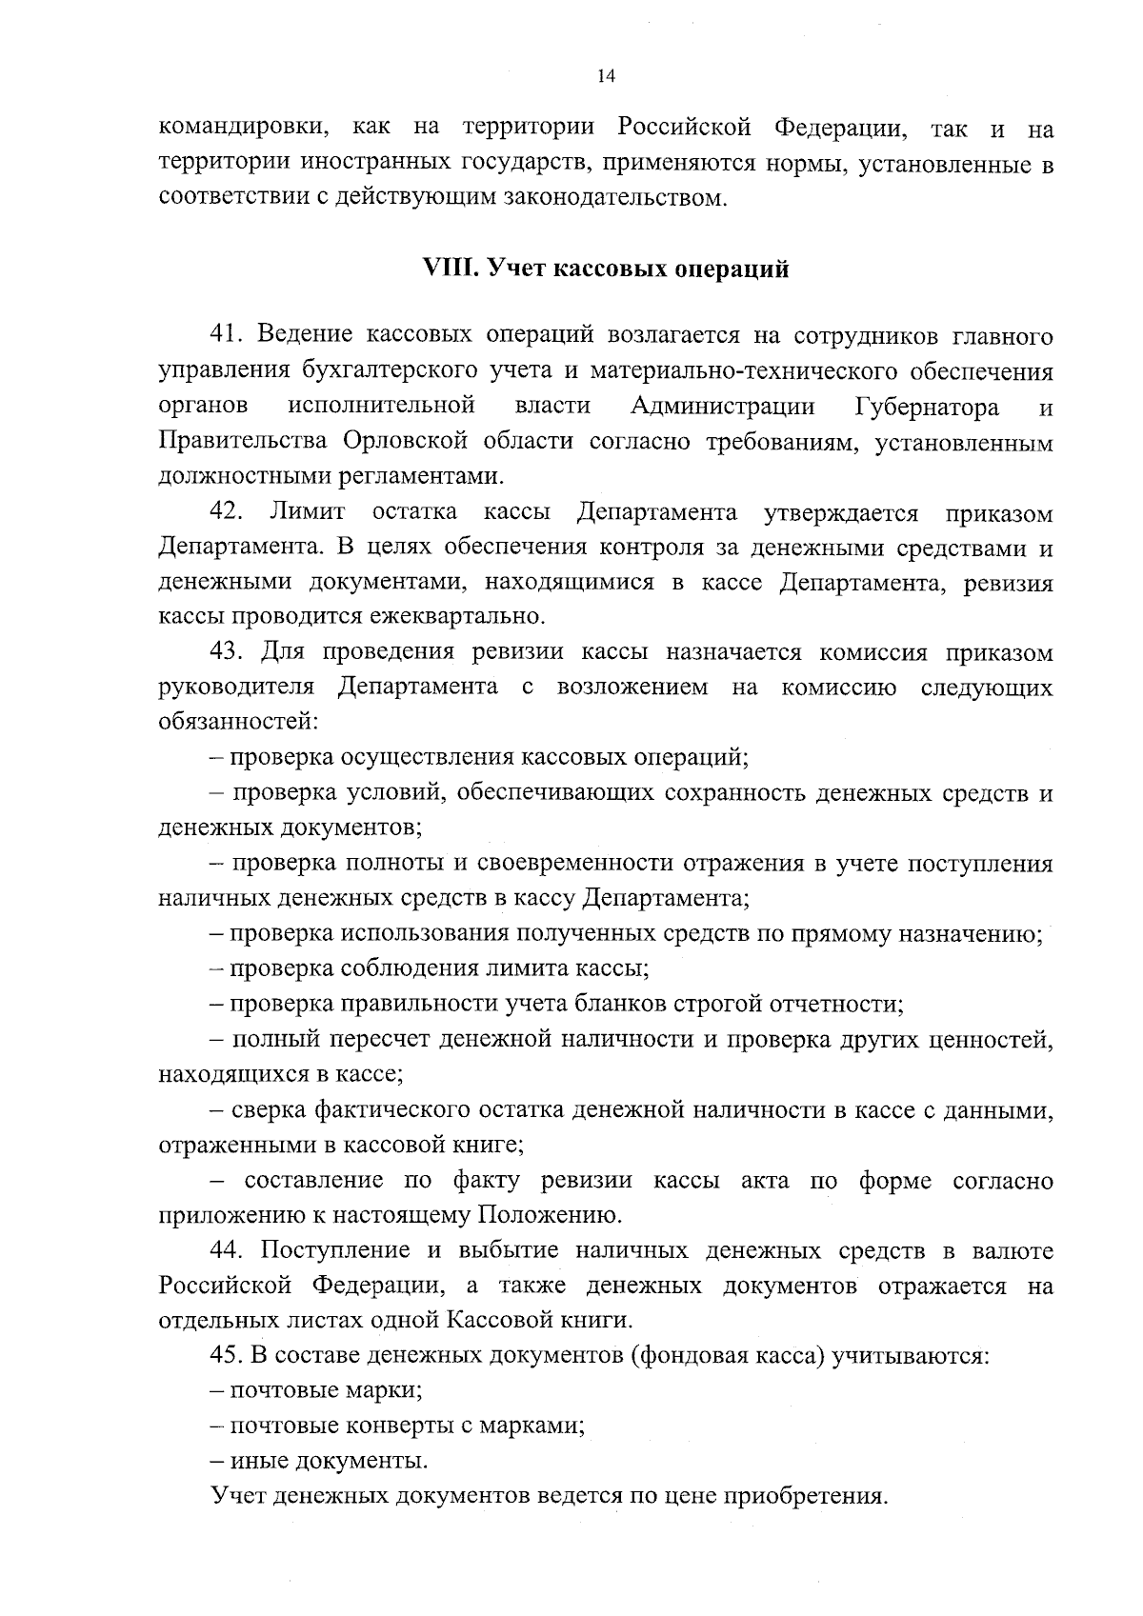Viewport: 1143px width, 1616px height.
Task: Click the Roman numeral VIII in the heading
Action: point(448,269)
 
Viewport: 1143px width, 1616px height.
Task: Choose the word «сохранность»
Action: point(724,793)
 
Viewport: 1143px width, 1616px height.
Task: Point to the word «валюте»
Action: point(1013,1249)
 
